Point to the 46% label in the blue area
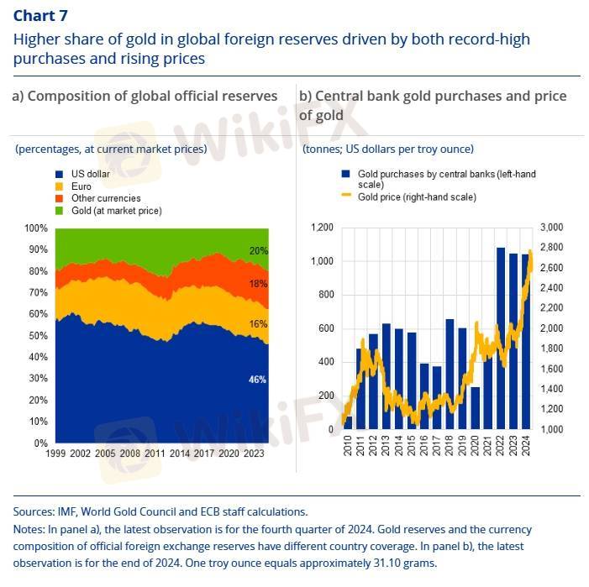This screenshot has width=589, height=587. click(257, 380)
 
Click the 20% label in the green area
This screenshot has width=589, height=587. click(257, 250)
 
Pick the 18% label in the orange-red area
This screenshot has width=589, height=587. click(257, 284)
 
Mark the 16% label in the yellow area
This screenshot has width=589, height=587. click(257, 324)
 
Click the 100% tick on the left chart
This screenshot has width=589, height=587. click(36, 228)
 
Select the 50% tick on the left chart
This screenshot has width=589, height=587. click(39, 335)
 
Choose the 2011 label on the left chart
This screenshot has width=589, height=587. click(155, 453)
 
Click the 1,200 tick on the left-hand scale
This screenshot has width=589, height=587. click(323, 228)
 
